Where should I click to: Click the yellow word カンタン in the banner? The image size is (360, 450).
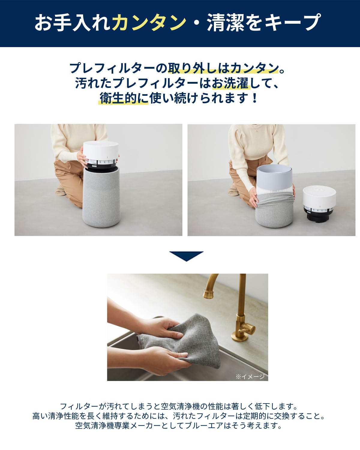click(x=149, y=22)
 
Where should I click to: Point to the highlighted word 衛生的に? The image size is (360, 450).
click(x=124, y=98)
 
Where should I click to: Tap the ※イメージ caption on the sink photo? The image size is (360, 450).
click(x=250, y=376)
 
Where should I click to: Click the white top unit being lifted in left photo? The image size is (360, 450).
click(x=101, y=151)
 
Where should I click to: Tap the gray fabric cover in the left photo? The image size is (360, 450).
click(x=101, y=198)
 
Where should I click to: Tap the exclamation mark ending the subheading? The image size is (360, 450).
click(x=255, y=98)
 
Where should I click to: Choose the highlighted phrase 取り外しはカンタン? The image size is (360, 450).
click(x=223, y=68)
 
